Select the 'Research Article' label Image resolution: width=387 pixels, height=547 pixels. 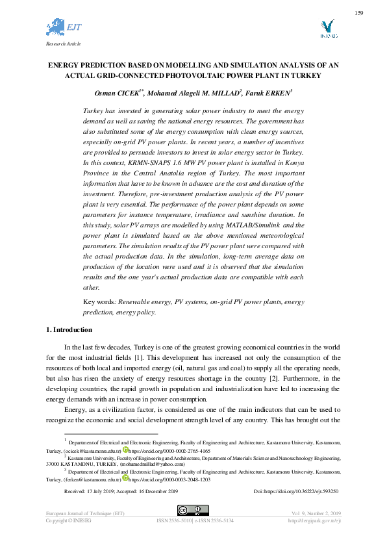(x=63, y=44)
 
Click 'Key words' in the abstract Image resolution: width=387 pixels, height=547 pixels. (x=99, y=302)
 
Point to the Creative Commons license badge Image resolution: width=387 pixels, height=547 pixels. (x=193, y=510)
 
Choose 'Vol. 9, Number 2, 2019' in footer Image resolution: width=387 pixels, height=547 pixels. (x=315, y=514)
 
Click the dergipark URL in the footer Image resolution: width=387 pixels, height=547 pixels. (x=315, y=521)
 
